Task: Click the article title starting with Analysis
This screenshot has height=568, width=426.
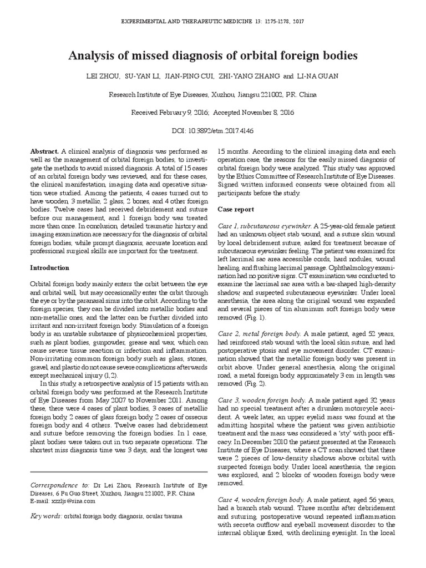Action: coord(212,55)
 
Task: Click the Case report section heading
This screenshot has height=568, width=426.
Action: coord(236,210)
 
